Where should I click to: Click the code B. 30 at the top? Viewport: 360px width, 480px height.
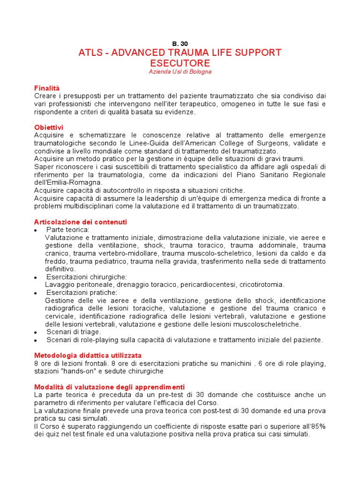click(180, 44)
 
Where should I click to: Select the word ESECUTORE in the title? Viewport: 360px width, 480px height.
click(180, 63)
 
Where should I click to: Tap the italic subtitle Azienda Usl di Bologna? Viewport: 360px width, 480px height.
click(180, 72)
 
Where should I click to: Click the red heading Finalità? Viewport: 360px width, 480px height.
click(47, 88)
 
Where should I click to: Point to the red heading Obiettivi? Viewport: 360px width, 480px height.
click(49, 127)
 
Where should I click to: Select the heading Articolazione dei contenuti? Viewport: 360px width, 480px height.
click(80, 222)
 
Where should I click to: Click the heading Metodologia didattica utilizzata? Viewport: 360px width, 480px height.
click(88, 356)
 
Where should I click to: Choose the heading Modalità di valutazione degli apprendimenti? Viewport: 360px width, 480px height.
click(109, 387)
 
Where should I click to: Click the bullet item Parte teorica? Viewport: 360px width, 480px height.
click(67, 230)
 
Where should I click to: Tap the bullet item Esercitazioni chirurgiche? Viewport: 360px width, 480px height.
click(86, 277)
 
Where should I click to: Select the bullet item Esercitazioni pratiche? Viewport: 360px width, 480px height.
click(82, 292)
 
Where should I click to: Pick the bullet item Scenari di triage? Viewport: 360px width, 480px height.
click(73, 332)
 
